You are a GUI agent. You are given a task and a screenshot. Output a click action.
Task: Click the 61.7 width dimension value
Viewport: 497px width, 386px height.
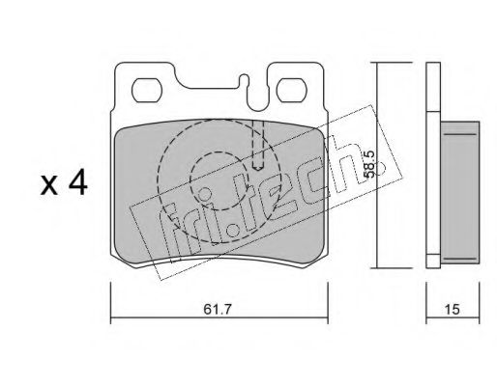click(218, 310)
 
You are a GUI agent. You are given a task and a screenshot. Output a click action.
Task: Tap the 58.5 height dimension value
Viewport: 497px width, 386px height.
click(368, 164)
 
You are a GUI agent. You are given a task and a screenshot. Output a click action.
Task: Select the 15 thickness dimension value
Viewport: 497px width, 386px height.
click(453, 310)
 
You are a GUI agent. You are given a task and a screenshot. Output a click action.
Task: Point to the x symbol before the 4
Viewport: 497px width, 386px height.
click(49, 186)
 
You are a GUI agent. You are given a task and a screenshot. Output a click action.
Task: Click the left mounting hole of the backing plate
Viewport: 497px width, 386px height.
click(147, 91)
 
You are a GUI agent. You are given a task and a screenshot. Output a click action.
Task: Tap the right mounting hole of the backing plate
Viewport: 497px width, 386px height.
click(292, 91)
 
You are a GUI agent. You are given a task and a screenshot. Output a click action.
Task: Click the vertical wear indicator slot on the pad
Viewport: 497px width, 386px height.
click(258, 146)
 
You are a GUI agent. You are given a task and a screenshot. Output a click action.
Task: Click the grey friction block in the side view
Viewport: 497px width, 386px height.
click(460, 192)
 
